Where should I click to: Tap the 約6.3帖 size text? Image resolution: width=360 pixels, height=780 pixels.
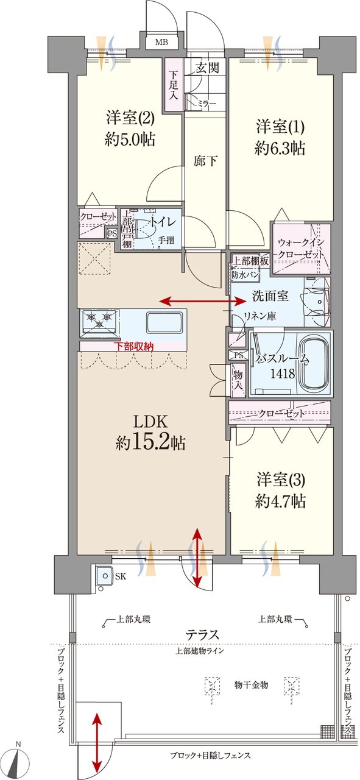tap(280, 147)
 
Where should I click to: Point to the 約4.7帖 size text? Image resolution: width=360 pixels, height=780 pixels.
tap(280, 501)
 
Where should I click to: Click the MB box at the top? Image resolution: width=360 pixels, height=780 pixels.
tap(161, 42)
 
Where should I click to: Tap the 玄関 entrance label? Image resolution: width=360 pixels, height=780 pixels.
tap(207, 68)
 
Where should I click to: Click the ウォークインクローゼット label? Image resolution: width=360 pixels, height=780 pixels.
tap(300, 249)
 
